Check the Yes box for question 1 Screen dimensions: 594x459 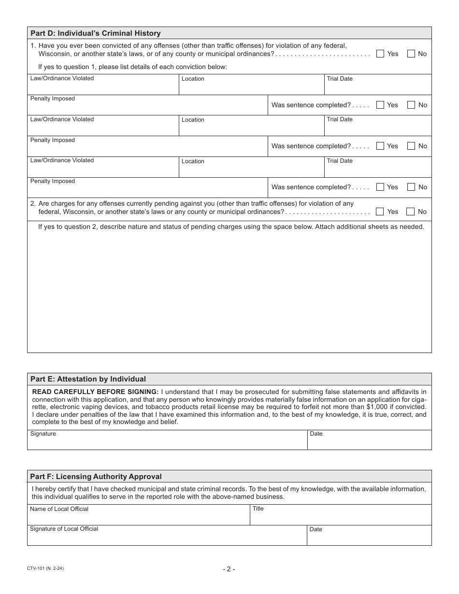click(x=380, y=54)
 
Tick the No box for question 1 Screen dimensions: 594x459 click(x=411, y=54)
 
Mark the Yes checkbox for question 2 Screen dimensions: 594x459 click(x=380, y=212)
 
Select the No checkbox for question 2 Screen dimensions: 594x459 click(x=411, y=212)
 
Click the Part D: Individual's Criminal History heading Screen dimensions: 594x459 click(x=96, y=33)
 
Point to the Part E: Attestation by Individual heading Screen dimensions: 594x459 click(x=88, y=379)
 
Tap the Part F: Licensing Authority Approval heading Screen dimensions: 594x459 click(x=96, y=477)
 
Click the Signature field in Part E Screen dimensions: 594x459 click(x=167, y=442)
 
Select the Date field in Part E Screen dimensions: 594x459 click(x=369, y=442)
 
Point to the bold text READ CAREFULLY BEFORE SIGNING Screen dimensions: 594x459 click(x=95, y=392)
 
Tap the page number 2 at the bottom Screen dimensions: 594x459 click(x=229, y=569)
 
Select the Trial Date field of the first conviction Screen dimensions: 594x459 click(x=377, y=87)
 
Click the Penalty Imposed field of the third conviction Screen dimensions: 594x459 click(x=147, y=190)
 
